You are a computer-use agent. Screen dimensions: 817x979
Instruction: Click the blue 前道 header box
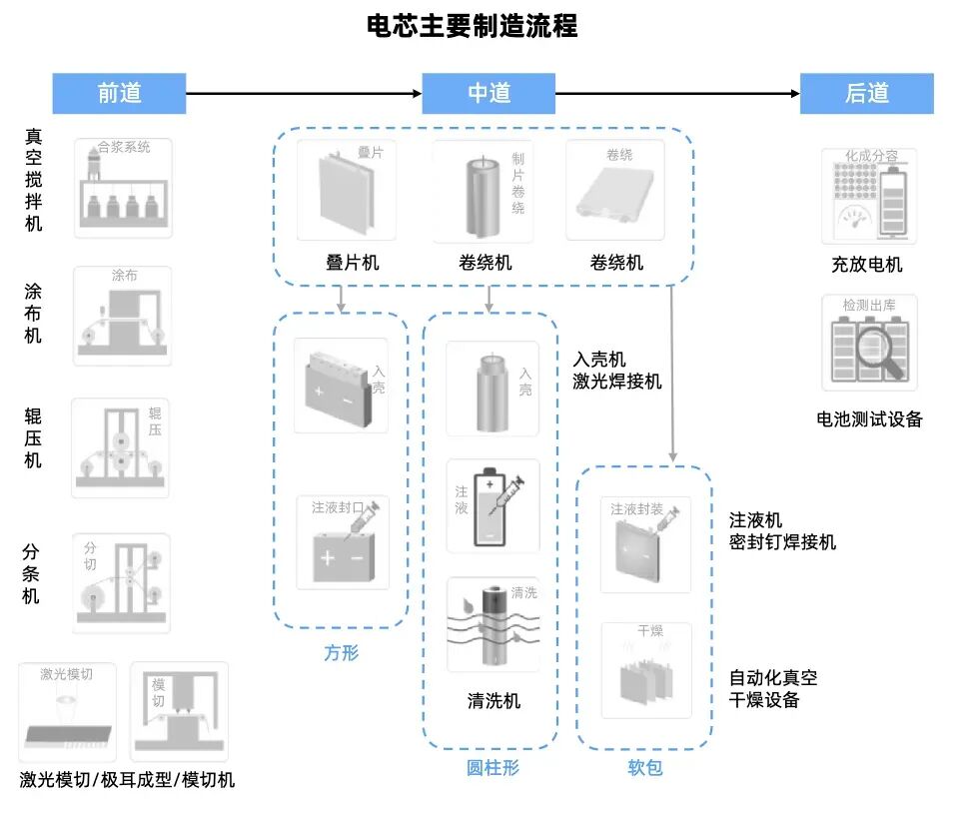click(x=119, y=93)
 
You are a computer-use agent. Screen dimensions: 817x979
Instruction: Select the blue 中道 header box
click(x=489, y=93)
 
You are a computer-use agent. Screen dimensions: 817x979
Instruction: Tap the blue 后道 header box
click(x=866, y=93)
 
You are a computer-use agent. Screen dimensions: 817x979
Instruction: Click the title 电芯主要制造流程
click(x=473, y=26)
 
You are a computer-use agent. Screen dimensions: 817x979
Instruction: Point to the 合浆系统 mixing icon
click(x=123, y=188)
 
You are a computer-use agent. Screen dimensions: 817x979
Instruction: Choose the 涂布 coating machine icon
click(x=122, y=315)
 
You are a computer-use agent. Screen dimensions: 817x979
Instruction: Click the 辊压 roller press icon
click(x=121, y=447)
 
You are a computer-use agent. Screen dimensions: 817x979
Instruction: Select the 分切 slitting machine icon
click(x=121, y=582)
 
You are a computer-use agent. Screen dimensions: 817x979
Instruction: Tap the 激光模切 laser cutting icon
click(x=68, y=711)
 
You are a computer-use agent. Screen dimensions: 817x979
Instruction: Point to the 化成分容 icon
click(x=868, y=196)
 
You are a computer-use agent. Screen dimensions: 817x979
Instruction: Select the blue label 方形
click(x=341, y=653)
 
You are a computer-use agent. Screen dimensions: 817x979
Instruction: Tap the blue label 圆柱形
click(x=492, y=768)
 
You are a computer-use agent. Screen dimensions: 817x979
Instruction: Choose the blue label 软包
click(x=644, y=768)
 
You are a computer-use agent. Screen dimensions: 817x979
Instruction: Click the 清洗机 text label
click(x=493, y=701)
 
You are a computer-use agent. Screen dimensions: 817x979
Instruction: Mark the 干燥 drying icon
click(x=645, y=670)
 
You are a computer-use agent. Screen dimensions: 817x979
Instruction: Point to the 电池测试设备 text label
click(x=869, y=419)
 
